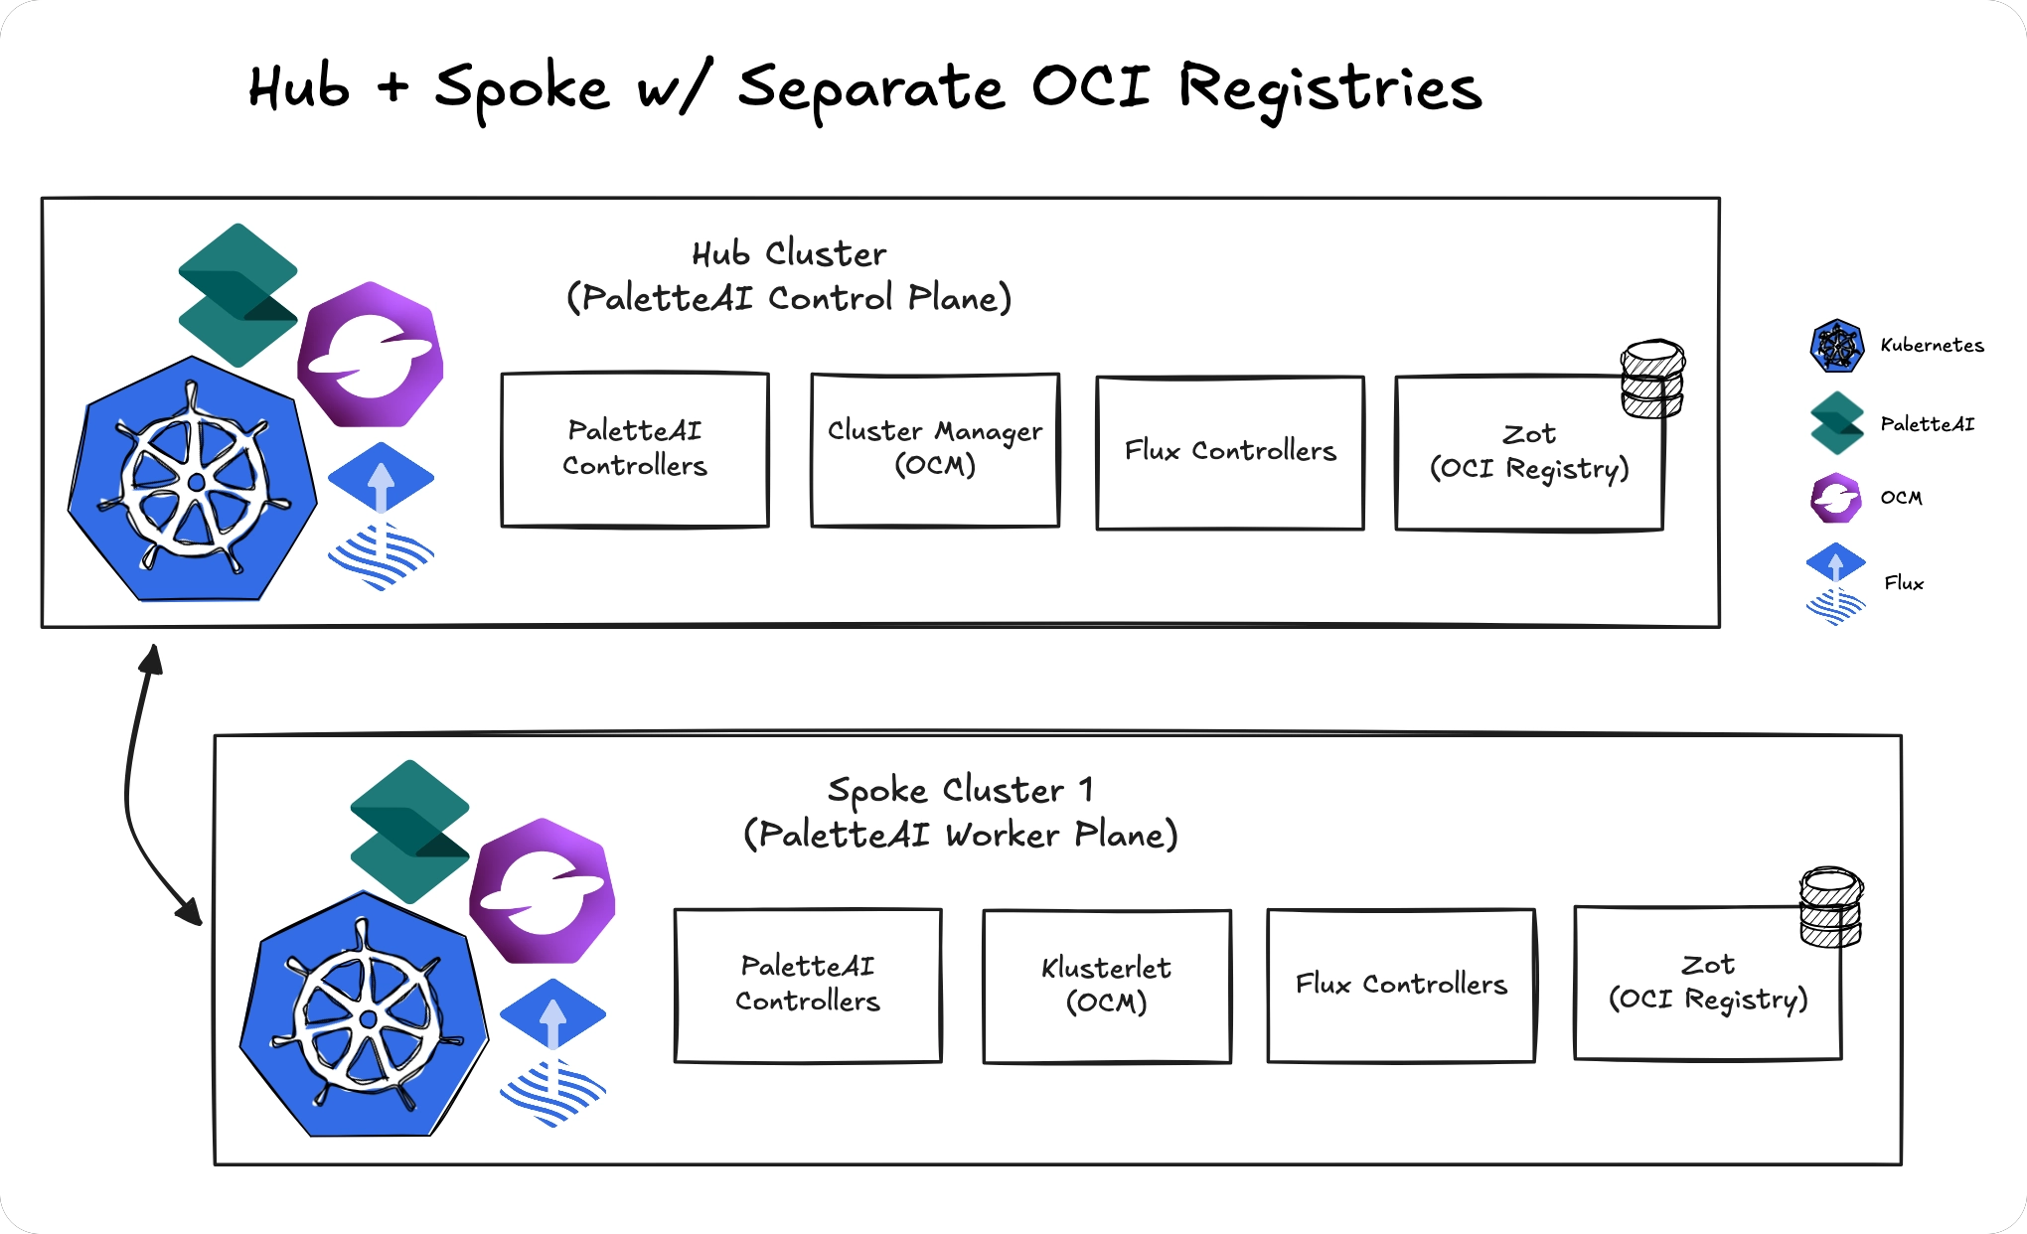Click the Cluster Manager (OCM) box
coord(934,450)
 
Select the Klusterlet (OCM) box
coord(1106,986)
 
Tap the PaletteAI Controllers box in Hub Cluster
coord(634,449)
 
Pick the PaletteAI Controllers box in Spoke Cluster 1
coord(807,985)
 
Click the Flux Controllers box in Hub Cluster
coord(1229,452)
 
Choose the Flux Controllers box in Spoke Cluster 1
coord(1400,985)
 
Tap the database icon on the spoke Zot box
coord(1830,907)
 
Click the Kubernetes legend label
coord(1932,346)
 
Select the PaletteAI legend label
coord(1927,424)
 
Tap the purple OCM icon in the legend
coord(1835,498)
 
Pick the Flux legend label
coord(1903,583)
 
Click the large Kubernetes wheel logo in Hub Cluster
coord(193,482)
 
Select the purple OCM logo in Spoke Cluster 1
coord(543,891)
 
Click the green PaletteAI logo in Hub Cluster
coord(237,295)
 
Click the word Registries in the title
coord(1329,88)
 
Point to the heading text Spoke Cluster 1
coord(960,791)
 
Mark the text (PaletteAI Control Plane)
coord(789,298)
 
